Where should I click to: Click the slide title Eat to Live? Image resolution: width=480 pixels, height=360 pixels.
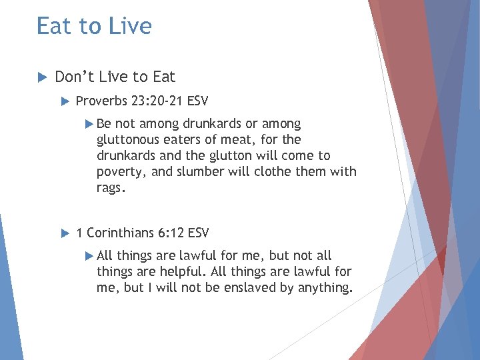point(94,26)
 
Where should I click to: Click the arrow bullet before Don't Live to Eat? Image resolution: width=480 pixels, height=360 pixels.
point(41,77)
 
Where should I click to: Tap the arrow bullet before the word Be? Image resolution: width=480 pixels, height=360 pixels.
point(91,124)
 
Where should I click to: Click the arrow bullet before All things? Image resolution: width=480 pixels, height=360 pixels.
point(91,256)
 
